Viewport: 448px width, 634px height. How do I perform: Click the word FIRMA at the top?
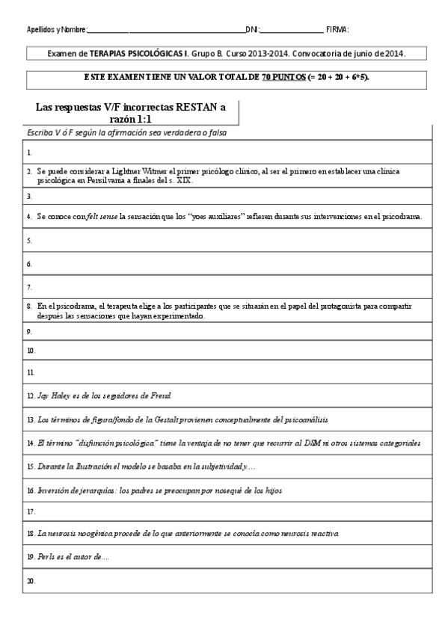coord(338,30)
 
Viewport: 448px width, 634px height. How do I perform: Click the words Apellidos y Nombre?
coord(56,30)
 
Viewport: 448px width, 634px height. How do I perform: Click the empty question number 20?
coord(31,580)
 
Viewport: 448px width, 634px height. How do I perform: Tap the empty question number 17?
coord(31,512)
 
